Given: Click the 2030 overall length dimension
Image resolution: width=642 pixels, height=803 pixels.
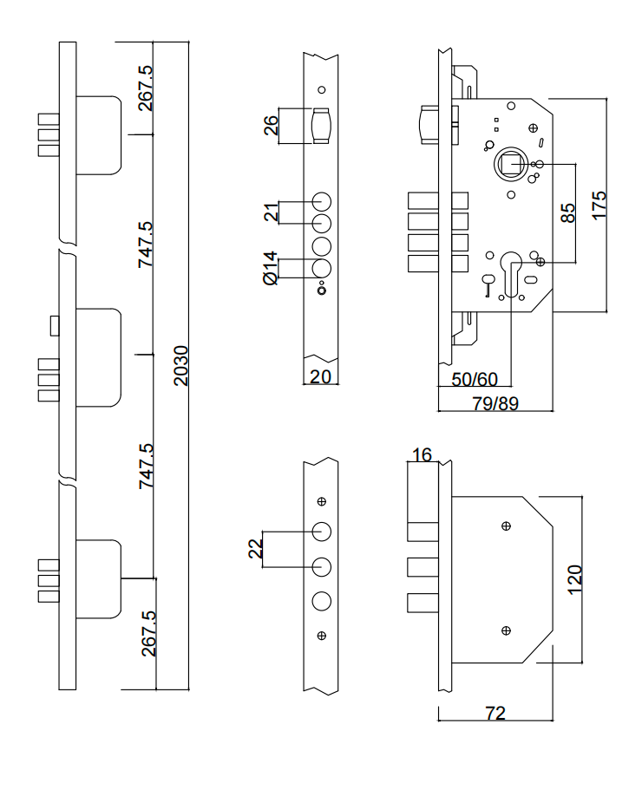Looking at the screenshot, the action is (180, 366).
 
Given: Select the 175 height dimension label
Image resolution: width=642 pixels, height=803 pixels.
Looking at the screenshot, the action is (599, 206).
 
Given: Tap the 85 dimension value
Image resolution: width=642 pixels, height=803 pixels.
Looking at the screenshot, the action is (568, 213).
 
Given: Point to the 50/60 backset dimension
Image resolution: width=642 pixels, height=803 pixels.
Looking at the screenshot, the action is (475, 380).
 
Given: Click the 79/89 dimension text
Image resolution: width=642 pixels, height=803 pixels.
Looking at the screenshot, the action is (495, 403).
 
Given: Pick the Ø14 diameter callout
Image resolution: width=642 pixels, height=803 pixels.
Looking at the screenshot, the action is (270, 268).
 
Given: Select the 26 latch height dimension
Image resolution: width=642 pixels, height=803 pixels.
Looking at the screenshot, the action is (271, 126).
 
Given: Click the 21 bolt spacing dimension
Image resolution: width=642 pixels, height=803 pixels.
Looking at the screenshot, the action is (271, 212).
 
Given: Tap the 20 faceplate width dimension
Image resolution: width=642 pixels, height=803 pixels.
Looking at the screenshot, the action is (320, 376).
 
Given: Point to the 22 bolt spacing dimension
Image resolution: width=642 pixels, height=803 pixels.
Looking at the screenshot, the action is (255, 548).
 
